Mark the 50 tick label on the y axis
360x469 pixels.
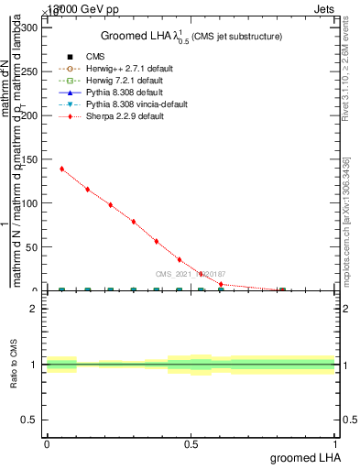click(x=32, y=247)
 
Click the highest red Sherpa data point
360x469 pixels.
click(x=61, y=169)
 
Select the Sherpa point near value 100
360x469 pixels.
click(x=110, y=205)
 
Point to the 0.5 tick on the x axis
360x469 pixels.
click(x=191, y=445)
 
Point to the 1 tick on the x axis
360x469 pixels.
click(x=335, y=445)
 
